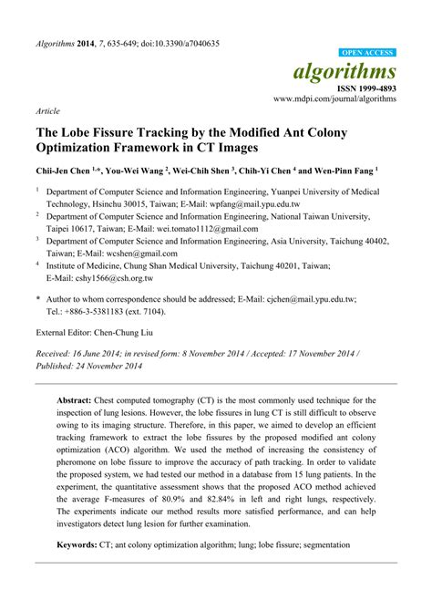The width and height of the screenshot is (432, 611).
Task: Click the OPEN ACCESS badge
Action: (x=367, y=54)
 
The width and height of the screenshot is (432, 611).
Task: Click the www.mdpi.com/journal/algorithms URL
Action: (x=335, y=98)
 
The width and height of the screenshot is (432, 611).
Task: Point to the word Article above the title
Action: (x=48, y=110)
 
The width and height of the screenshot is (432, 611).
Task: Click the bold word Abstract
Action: (x=77, y=400)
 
